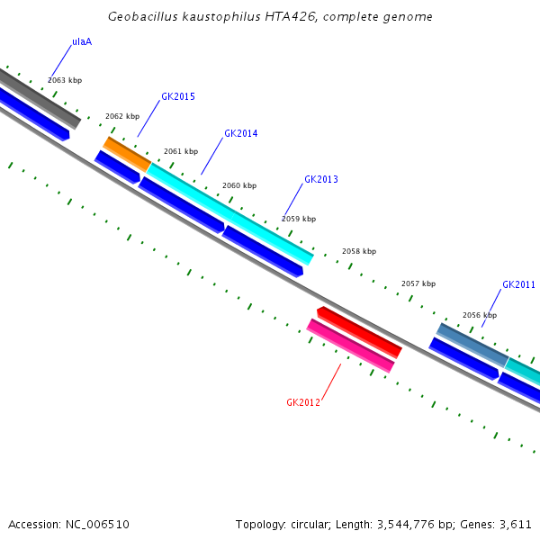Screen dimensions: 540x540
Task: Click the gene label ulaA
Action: coord(82,41)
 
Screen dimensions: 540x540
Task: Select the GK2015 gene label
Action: coord(178,96)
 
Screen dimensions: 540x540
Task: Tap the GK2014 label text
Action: coord(241,133)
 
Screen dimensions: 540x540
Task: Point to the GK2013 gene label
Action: coord(321,179)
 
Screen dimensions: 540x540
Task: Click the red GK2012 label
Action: coord(303,402)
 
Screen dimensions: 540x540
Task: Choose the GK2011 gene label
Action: coord(518,284)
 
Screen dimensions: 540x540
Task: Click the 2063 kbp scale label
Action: coord(65,80)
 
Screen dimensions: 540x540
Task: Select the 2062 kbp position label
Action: coord(122,116)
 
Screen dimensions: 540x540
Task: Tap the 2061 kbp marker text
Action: coord(181,151)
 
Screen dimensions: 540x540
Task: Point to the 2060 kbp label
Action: coord(239,185)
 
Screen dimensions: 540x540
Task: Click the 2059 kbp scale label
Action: coord(299,219)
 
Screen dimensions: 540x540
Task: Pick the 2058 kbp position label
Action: coord(359,251)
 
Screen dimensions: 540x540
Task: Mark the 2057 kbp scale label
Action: coord(418,283)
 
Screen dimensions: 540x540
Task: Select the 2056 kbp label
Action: coord(480,315)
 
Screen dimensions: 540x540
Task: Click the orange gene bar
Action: coord(127,154)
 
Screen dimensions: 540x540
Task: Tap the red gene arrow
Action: coord(359,331)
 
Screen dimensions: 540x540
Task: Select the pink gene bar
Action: coord(351,346)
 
